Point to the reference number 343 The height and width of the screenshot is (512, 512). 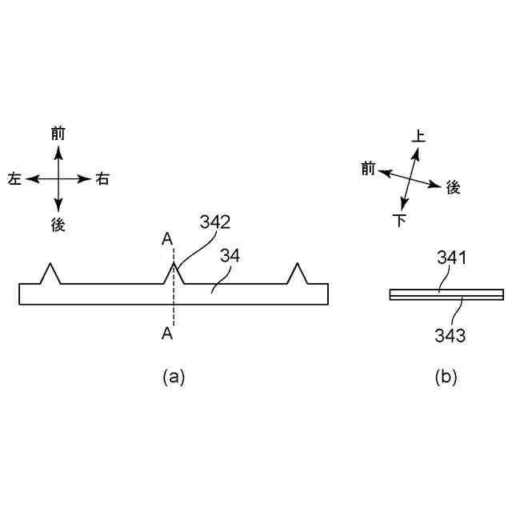point(451,334)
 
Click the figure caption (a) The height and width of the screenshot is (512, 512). point(174,377)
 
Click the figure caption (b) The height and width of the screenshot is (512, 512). point(446,377)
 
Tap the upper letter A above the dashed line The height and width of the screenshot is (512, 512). point(166,238)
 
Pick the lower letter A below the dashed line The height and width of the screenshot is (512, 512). point(166,334)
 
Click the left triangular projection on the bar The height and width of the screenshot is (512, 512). point(50,274)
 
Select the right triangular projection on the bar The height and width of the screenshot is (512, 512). point(298,274)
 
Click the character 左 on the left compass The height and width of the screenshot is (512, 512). point(14,178)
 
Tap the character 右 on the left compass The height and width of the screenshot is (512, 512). point(102,178)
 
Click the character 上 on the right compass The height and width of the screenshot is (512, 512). point(418,137)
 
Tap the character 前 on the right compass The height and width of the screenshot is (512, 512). point(368,168)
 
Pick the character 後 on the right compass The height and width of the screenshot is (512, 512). point(453,187)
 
